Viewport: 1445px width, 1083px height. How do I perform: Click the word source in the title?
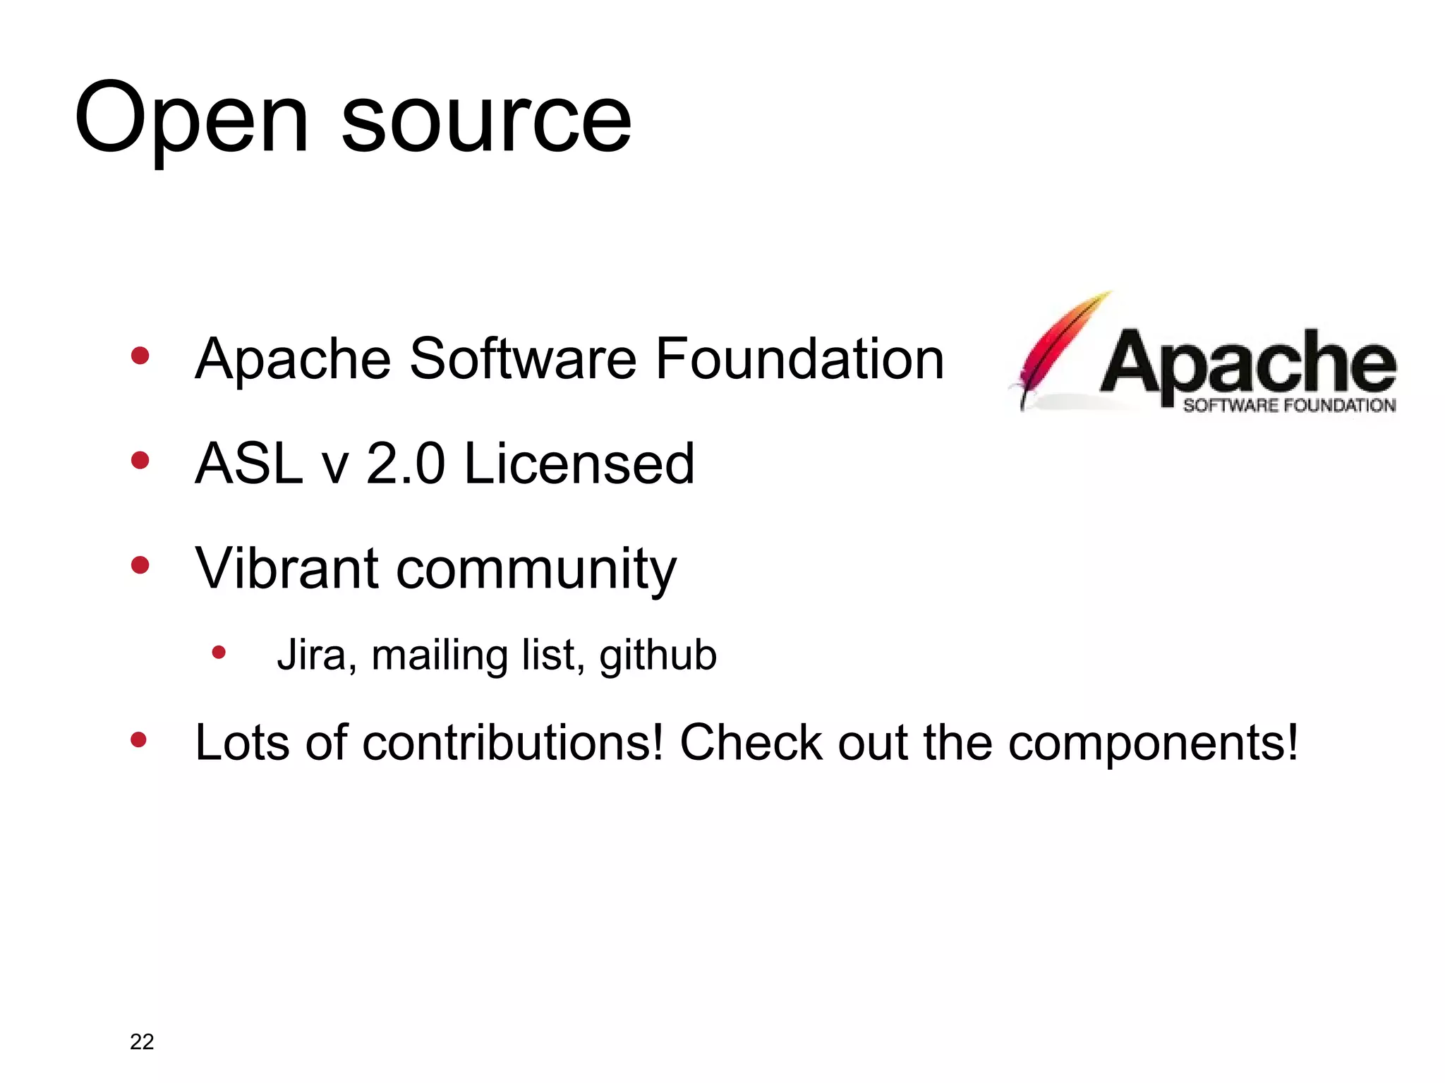tap(486, 120)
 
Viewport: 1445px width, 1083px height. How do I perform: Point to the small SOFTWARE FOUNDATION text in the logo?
tap(1289, 406)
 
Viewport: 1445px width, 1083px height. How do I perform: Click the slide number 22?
tap(142, 1041)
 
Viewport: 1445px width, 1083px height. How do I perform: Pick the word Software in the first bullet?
tap(523, 359)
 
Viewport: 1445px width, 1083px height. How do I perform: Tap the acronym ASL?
tap(249, 464)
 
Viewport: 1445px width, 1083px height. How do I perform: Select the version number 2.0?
tap(406, 464)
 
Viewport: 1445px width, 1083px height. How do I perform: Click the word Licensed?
tap(579, 464)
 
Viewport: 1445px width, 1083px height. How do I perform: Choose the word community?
tap(536, 570)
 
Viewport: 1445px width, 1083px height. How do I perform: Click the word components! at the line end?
tap(1153, 744)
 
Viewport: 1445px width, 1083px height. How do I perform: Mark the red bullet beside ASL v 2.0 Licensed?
tap(140, 461)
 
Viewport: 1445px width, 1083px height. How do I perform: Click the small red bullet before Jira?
tap(219, 653)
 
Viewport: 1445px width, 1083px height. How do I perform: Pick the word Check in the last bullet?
tap(751, 742)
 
